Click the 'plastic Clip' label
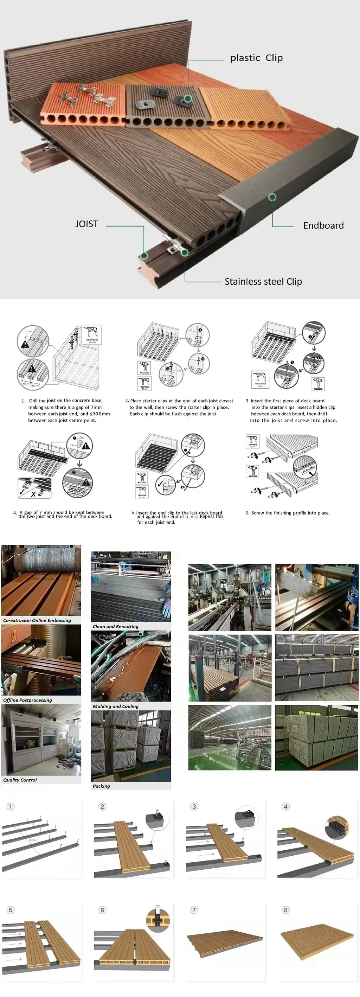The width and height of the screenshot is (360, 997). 256,58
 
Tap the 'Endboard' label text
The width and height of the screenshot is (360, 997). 323,225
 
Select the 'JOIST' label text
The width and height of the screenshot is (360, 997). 87,224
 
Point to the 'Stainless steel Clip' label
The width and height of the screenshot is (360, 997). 263,281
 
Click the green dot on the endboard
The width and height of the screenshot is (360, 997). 272,197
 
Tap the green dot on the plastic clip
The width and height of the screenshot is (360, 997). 188,99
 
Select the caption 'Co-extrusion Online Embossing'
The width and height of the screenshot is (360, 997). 37,620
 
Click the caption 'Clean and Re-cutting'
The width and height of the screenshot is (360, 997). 115,626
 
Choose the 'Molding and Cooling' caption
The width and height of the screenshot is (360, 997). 115,706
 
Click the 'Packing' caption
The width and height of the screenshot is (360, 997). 101,786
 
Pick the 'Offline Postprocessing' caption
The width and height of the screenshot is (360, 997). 27,700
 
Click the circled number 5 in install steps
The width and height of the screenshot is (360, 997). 11,909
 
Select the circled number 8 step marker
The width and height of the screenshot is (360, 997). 286,909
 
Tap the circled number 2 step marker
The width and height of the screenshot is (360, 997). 102,806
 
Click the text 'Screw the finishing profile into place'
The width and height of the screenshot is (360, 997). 290,513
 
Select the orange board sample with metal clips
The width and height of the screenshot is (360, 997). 83,103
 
